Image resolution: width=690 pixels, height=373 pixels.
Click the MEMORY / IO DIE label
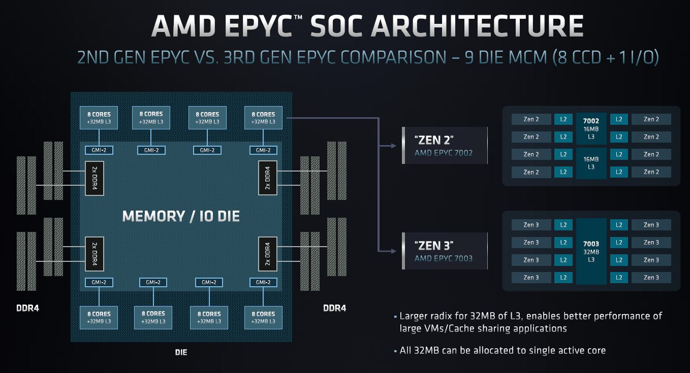tap(181, 216)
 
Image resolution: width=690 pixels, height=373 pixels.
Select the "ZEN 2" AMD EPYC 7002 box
tap(444, 145)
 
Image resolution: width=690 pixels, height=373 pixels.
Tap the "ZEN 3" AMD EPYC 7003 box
tap(444, 251)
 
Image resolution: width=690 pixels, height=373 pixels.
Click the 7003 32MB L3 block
tap(591, 252)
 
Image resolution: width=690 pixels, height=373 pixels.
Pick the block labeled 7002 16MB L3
tap(591, 128)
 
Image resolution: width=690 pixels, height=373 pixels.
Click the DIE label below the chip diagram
tap(180, 352)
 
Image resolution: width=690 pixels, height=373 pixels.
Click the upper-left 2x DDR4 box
tap(95, 178)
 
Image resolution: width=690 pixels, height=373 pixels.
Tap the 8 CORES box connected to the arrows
tap(263, 118)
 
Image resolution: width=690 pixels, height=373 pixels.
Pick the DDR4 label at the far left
tap(27, 308)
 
